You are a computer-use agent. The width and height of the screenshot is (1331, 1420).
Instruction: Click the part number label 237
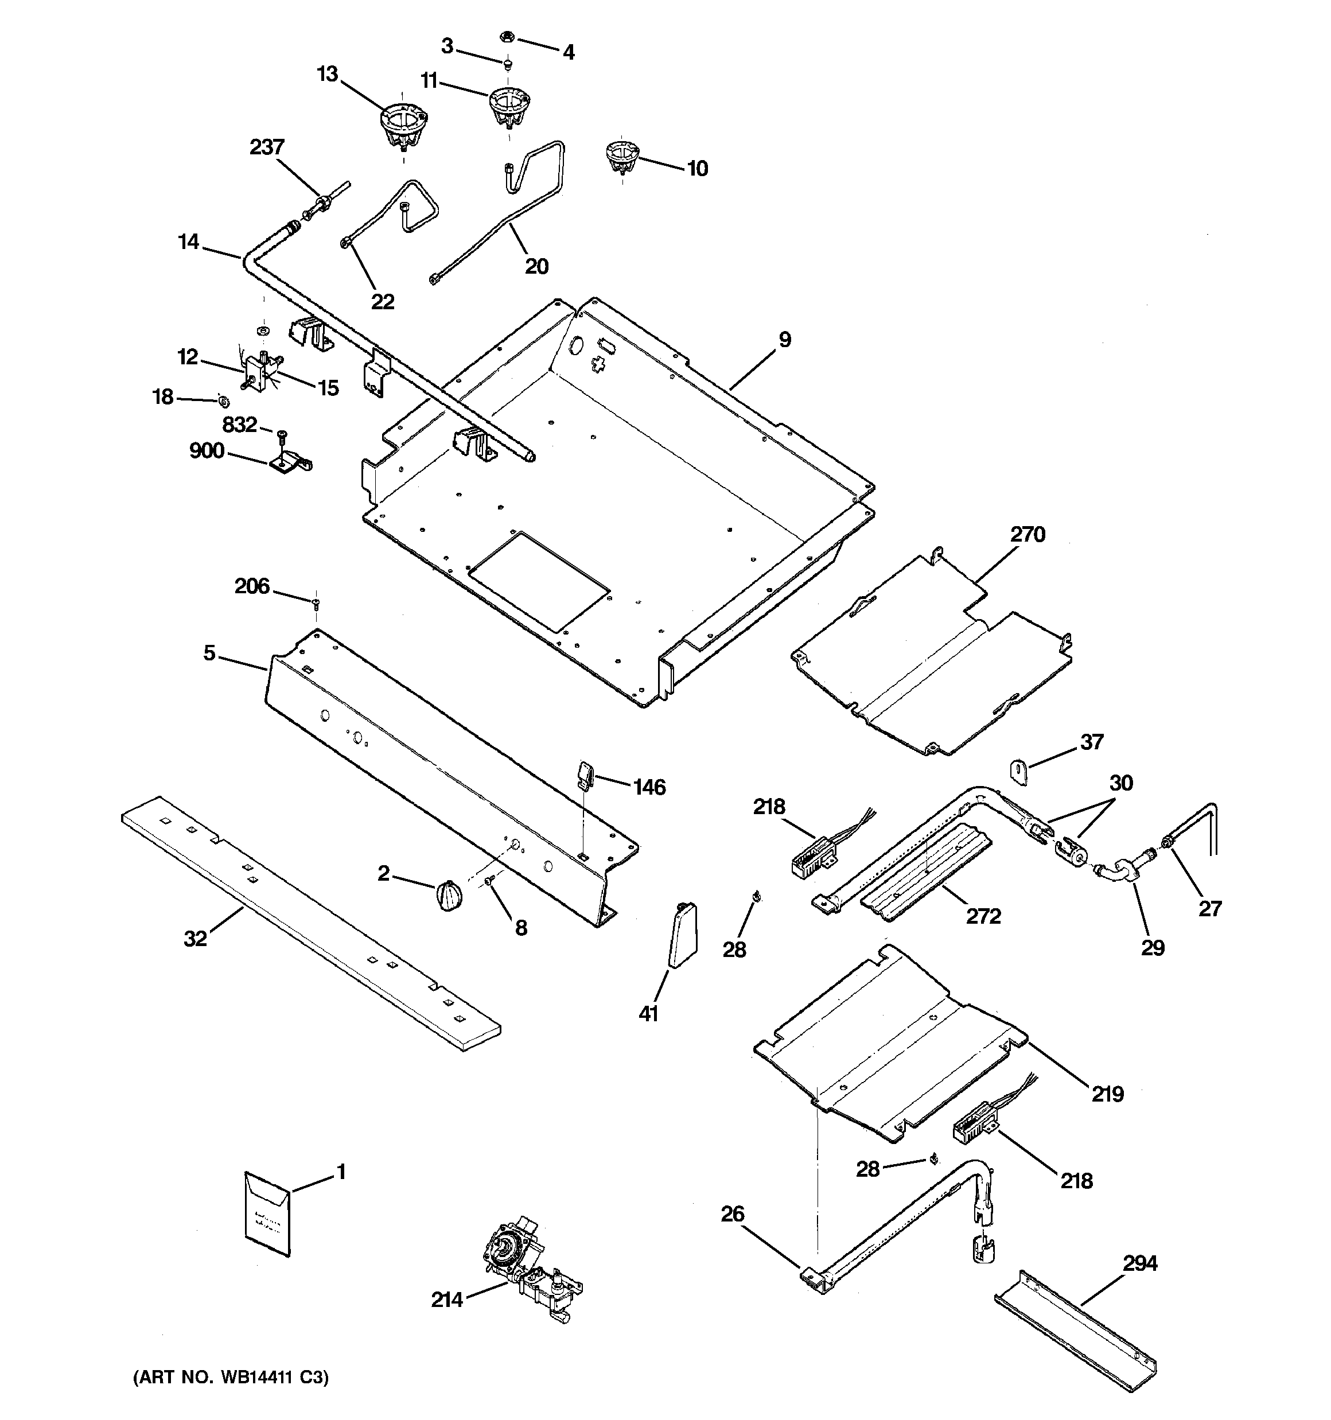266,147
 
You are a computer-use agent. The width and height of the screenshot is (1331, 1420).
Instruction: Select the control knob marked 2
448,896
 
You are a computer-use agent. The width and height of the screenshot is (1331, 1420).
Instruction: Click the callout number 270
1028,534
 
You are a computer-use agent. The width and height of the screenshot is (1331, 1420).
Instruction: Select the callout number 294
1139,1263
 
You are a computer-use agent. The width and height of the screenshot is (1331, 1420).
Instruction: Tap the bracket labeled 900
289,461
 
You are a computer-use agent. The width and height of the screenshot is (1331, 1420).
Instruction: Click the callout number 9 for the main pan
784,340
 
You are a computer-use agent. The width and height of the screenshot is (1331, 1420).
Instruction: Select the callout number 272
983,916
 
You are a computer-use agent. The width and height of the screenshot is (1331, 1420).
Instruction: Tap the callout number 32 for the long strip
195,938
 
